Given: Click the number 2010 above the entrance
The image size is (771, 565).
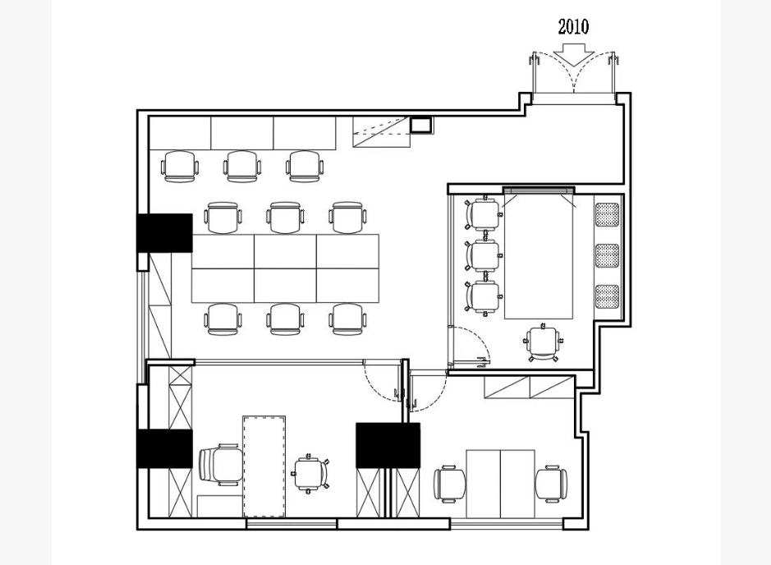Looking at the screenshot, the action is click(573, 27).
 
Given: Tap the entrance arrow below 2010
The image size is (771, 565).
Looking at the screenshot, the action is click(573, 54).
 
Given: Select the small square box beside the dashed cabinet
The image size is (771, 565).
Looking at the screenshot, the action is click(421, 125).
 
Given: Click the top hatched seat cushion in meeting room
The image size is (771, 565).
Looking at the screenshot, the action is click(607, 214).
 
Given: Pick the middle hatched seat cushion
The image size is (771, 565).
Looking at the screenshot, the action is click(607, 255).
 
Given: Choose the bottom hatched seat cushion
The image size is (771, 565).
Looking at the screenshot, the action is click(607, 297).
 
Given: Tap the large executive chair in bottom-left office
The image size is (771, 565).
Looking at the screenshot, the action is click(220, 465).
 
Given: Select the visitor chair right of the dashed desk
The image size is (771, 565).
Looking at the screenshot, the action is click(310, 473).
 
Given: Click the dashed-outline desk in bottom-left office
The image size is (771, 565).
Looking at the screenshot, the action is click(264, 466).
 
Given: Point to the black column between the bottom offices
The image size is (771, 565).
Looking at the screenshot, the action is click(388, 445).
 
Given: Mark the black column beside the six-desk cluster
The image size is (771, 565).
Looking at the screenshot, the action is click(164, 233).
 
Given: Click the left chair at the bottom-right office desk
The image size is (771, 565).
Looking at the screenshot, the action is click(449, 484).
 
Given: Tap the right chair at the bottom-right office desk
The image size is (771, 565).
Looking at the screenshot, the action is click(551, 484).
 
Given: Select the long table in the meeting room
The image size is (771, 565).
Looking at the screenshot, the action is click(539, 256).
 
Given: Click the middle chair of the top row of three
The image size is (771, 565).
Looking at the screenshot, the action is click(243, 167).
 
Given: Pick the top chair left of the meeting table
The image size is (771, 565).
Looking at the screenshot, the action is click(483, 214).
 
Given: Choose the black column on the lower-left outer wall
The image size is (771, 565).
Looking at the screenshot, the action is click(164, 448).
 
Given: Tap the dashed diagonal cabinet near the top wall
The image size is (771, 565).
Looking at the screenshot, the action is click(381, 131).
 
